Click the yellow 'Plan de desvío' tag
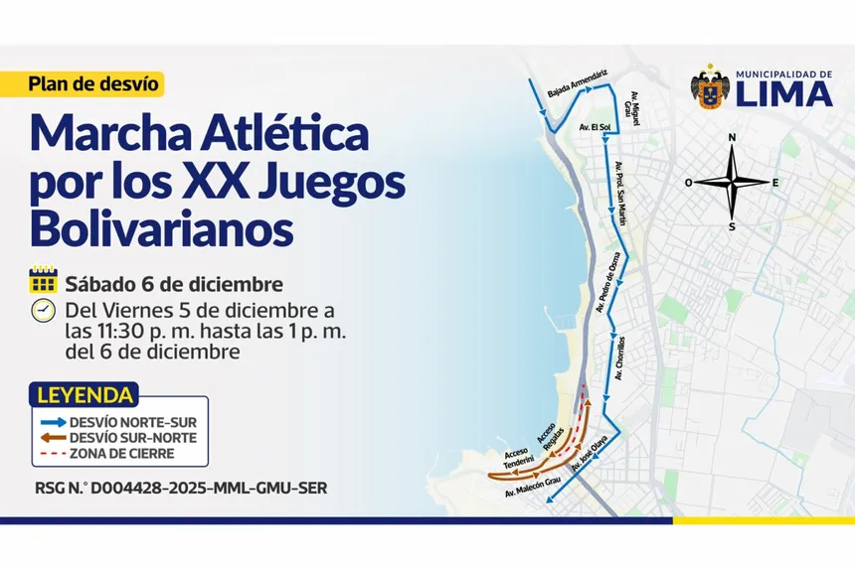point(93,84)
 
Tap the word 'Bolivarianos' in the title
point(162,229)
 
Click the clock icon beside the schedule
point(43,309)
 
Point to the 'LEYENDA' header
point(85,395)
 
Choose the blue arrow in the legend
point(53,422)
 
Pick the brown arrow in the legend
point(53,437)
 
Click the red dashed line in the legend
point(53,453)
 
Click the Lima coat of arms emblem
point(710,89)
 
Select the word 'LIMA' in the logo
point(783,94)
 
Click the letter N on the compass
point(732,138)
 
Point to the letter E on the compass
point(775,182)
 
